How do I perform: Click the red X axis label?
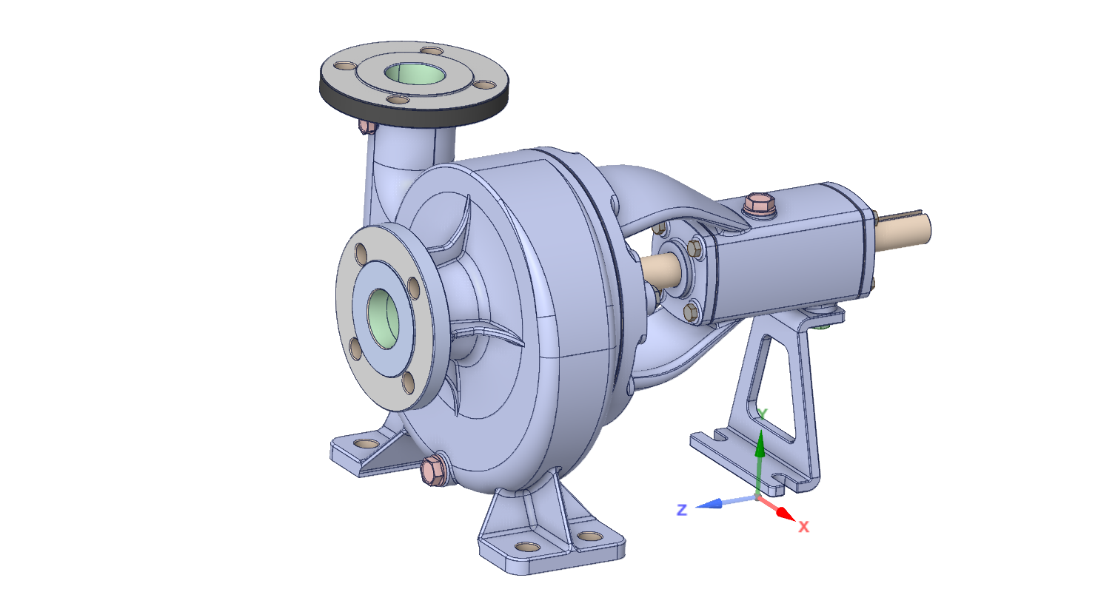(803, 527)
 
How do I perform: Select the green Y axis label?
(762, 414)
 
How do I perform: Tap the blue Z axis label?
(682, 510)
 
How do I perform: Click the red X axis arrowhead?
(786, 514)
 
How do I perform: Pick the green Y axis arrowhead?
(760, 443)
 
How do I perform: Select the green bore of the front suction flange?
(384, 319)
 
